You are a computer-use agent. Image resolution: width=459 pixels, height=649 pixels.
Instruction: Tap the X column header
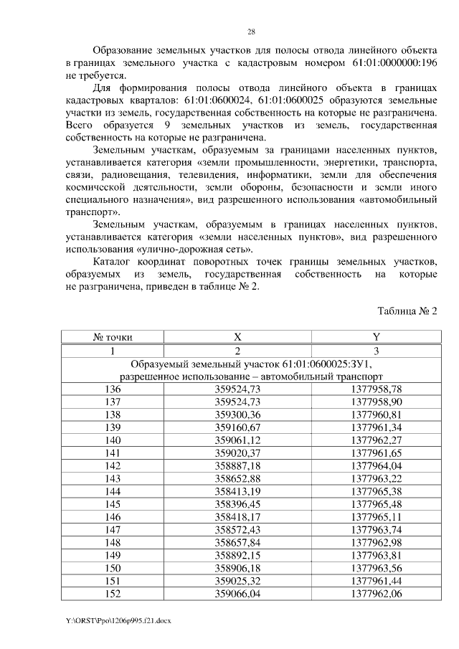[237, 336]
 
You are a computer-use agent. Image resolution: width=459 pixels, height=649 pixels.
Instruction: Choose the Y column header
[376, 336]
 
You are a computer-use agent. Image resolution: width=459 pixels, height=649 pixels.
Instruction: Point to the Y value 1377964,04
[376, 466]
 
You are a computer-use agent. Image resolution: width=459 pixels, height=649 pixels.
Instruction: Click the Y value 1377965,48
[376, 505]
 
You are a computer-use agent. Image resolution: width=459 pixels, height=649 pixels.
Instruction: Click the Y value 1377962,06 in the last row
[376, 595]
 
